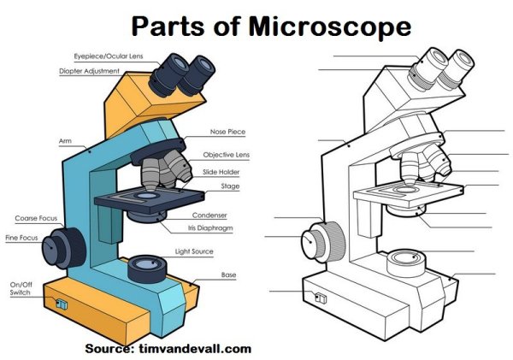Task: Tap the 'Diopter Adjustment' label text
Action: point(88,71)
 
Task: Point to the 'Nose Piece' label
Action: point(227,133)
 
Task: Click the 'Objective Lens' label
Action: point(226,155)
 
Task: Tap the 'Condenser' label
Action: point(209,215)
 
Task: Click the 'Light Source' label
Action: point(194,251)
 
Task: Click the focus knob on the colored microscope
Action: point(64,246)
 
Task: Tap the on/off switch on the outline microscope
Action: point(320,298)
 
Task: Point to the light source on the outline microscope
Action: point(405,259)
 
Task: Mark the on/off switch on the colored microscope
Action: point(60,304)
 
